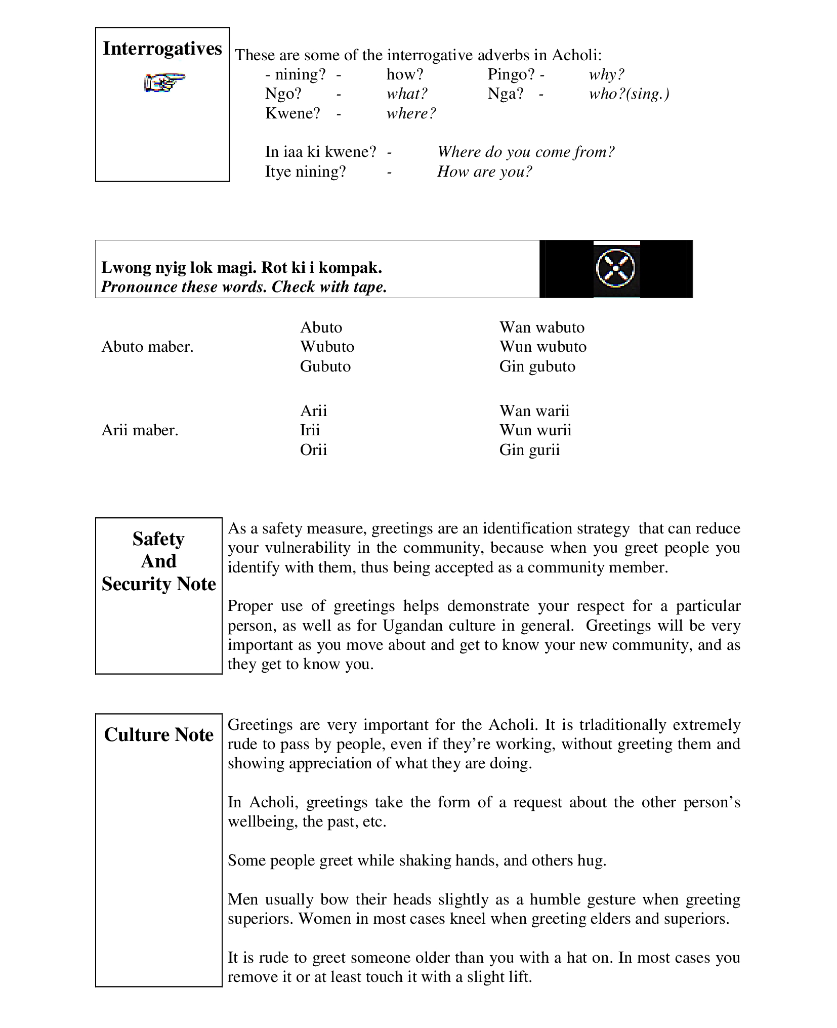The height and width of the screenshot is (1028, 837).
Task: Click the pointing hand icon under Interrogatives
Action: click(164, 83)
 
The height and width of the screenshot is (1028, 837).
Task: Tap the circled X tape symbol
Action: click(616, 268)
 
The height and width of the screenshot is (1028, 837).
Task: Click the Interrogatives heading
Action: click(162, 49)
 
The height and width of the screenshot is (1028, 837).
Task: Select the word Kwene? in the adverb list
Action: click(292, 113)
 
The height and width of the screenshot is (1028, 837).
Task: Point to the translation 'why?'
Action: click(606, 74)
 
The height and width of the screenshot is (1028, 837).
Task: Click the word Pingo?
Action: click(511, 74)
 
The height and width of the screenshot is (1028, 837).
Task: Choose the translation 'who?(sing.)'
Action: click(629, 94)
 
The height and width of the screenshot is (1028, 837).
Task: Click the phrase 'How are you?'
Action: click(484, 172)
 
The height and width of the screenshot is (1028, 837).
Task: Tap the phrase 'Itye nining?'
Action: click(305, 172)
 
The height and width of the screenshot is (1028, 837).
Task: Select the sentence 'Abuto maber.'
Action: click(147, 347)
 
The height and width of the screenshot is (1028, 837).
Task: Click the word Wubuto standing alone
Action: click(327, 347)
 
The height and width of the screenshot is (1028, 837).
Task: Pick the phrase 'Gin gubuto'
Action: click(537, 366)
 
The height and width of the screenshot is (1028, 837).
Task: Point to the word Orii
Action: click(313, 450)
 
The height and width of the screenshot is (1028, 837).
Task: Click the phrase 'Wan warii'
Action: click(534, 410)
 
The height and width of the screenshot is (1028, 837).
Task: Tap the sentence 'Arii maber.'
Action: click(140, 430)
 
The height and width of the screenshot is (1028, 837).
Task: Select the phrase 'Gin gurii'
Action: click(529, 450)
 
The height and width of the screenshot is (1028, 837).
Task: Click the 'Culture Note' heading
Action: click(158, 735)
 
